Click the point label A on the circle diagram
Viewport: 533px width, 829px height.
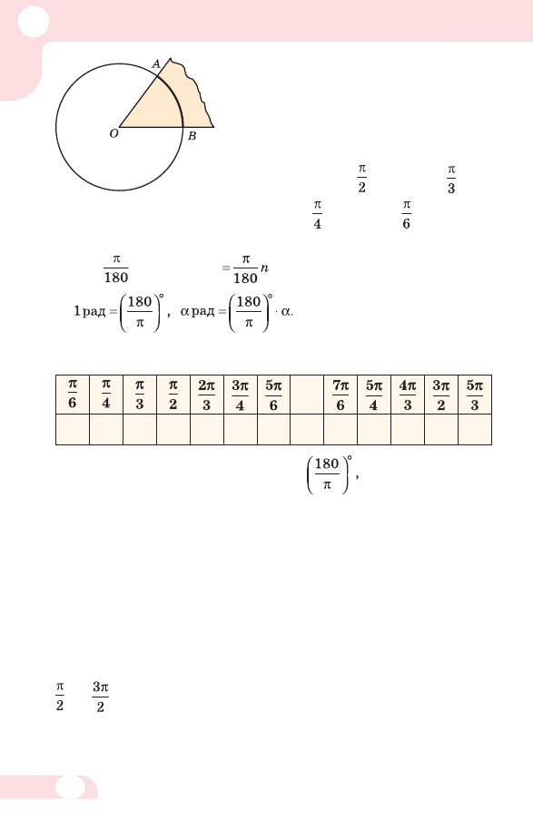click(156, 64)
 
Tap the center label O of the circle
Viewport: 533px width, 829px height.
click(114, 133)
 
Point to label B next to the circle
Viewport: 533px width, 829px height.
click(192, 136)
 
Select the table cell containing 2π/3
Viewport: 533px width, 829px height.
click(206, 395)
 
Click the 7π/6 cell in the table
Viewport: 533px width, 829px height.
click(341, 395)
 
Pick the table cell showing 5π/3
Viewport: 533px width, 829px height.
click(475, 395)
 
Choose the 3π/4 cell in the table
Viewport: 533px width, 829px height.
click(241, 395)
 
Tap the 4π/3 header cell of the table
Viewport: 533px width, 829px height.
click(408, 395)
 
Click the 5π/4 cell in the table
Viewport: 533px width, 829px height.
click(374, 395)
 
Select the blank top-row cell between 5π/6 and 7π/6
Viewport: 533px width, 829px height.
click(307, 395)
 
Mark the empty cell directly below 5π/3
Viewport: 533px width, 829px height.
click(475, 429)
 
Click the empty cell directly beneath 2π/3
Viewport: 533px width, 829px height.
click(206, 429)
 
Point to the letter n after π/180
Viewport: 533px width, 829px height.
click(264, 268)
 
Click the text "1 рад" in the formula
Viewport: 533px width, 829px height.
click(90, 311)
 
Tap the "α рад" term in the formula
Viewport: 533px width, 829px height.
click(197, 311)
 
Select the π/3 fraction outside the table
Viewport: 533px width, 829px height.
click(451, 180)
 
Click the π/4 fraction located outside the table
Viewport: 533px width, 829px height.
click(317, 215)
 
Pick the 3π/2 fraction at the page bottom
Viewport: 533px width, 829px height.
click(101, 697)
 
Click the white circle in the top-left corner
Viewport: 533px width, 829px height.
click(34, 22)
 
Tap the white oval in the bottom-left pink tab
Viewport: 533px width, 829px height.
click(70, 787)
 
